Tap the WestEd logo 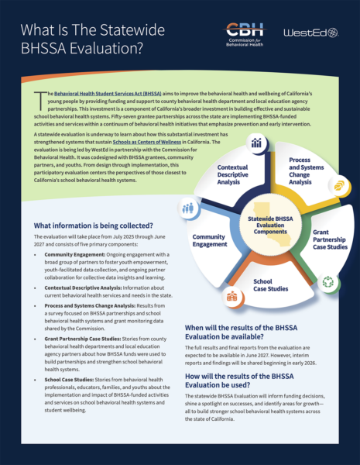point(310,33)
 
